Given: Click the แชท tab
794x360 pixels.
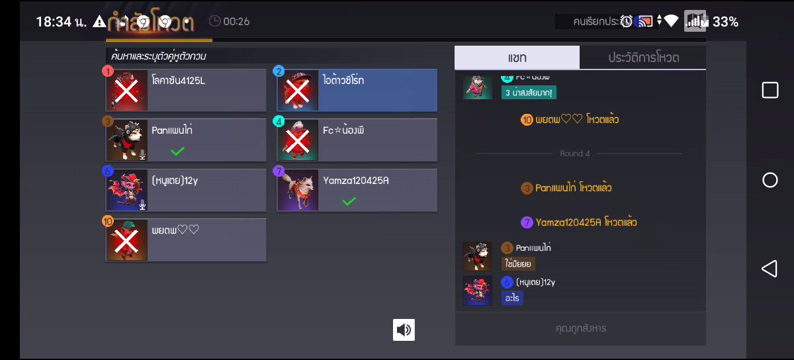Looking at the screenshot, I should coord(517,58).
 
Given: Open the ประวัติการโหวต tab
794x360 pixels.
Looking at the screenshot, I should coord(643,58).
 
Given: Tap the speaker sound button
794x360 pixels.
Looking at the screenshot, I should coord(404,330).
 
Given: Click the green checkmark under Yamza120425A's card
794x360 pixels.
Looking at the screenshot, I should coord(349,201).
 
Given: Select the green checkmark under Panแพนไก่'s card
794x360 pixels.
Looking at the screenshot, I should coord(177,151).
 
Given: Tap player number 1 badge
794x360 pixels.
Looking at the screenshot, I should coord(109,71).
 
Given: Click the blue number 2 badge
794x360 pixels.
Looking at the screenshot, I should coord(279,71).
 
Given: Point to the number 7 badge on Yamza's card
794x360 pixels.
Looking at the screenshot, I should coord(279,171).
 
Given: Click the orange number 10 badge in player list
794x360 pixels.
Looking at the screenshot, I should coord(109,221).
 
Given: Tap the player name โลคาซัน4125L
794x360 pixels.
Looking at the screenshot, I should coord(178,81).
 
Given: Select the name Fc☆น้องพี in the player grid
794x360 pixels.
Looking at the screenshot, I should coord(343,130).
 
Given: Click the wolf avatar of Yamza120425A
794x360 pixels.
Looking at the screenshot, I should coord(298,191).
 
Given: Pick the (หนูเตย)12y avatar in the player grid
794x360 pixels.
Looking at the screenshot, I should coord(127,191).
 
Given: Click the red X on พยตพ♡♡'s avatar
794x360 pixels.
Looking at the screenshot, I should coord(127,241).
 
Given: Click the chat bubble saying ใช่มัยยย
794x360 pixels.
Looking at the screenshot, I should coord(519,263).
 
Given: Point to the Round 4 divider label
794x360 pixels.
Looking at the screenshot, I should coord(575,154).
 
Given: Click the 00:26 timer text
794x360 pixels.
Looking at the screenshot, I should coord(236,21).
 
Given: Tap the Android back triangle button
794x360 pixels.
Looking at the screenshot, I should coord(769,268).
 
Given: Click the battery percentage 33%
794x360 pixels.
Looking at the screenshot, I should coord(725,22).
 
